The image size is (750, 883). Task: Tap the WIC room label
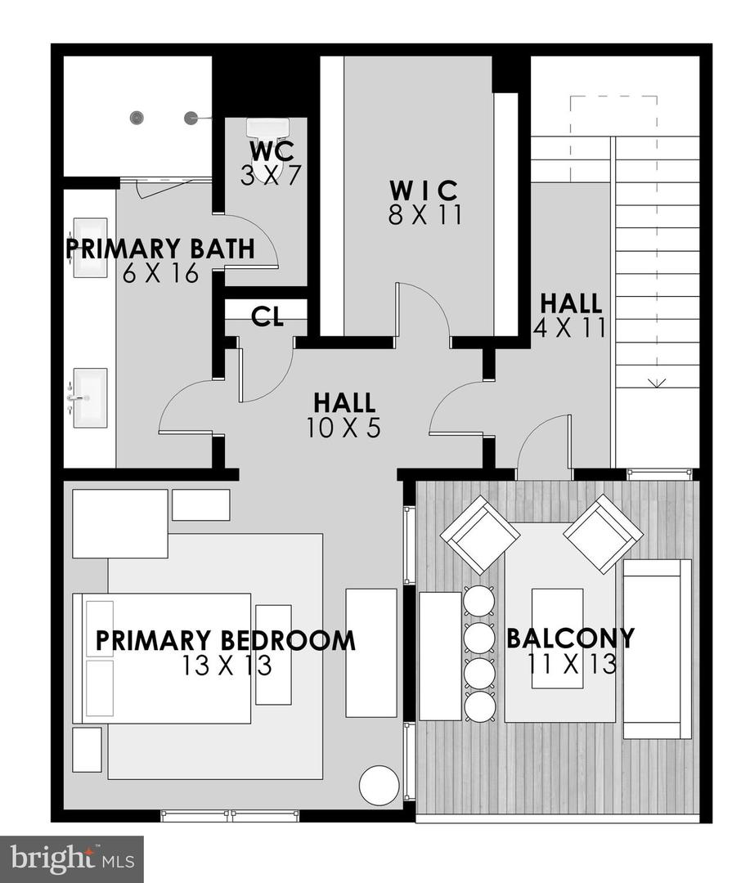tap(423, 190)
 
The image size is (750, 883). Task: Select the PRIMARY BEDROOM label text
tap(225, 640)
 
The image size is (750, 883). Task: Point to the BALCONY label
tap(570, 638)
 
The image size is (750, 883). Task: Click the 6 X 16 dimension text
tap(162, 274)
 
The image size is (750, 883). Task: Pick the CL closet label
tap(267, 317)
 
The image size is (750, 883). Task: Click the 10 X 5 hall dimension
tap(344, 428)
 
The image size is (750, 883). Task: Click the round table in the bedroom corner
tap(379, 785)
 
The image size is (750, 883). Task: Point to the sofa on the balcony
tap(657, 649)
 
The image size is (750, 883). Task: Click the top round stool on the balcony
tap(479, 601)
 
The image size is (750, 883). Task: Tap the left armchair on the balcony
tap(480, 534)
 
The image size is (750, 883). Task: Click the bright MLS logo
tap(71, 859)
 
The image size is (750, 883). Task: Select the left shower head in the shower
tap(137, 118)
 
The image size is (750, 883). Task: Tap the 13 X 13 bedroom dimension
tap(227, 666)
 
